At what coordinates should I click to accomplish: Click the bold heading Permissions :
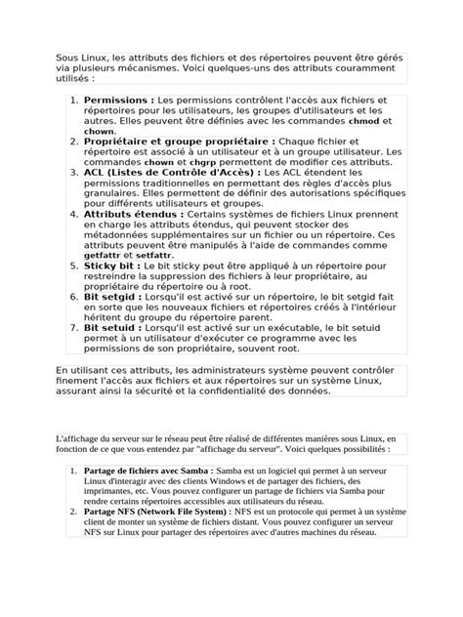click(118, 100)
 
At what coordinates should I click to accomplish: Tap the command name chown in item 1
click(100, 131)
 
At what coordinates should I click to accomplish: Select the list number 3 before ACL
click(73, 172)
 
